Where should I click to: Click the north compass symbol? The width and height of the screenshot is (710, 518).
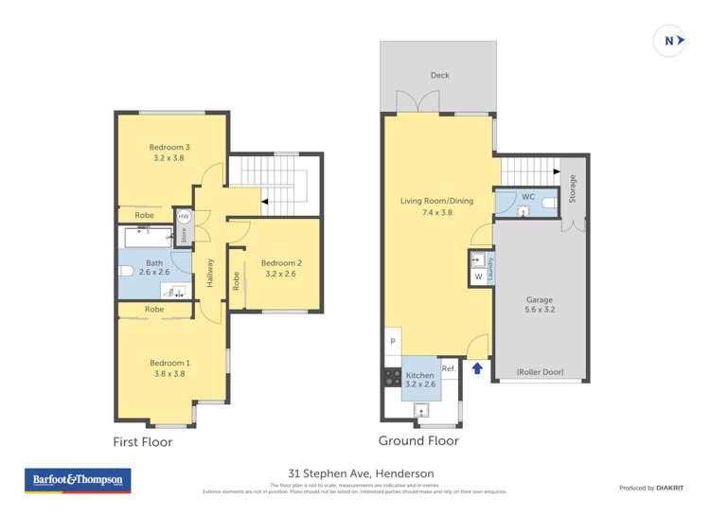669,41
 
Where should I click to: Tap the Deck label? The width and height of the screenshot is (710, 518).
439,75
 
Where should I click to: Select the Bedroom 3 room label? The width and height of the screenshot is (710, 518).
169,147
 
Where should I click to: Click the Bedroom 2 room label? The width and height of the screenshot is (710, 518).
281,262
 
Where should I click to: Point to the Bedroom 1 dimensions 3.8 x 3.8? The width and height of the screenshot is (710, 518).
169,374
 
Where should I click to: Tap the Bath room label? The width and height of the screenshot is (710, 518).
154,263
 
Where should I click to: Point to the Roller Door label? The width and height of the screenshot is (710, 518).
541,372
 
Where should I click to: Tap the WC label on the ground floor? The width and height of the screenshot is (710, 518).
528,197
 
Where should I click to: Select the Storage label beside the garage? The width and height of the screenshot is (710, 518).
572,188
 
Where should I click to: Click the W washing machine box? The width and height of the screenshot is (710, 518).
478,277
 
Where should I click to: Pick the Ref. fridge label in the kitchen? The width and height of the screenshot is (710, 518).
449,368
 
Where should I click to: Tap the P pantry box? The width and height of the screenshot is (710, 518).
392,342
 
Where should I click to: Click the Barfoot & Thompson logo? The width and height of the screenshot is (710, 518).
78,480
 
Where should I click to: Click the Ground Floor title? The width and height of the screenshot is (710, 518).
418,440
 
